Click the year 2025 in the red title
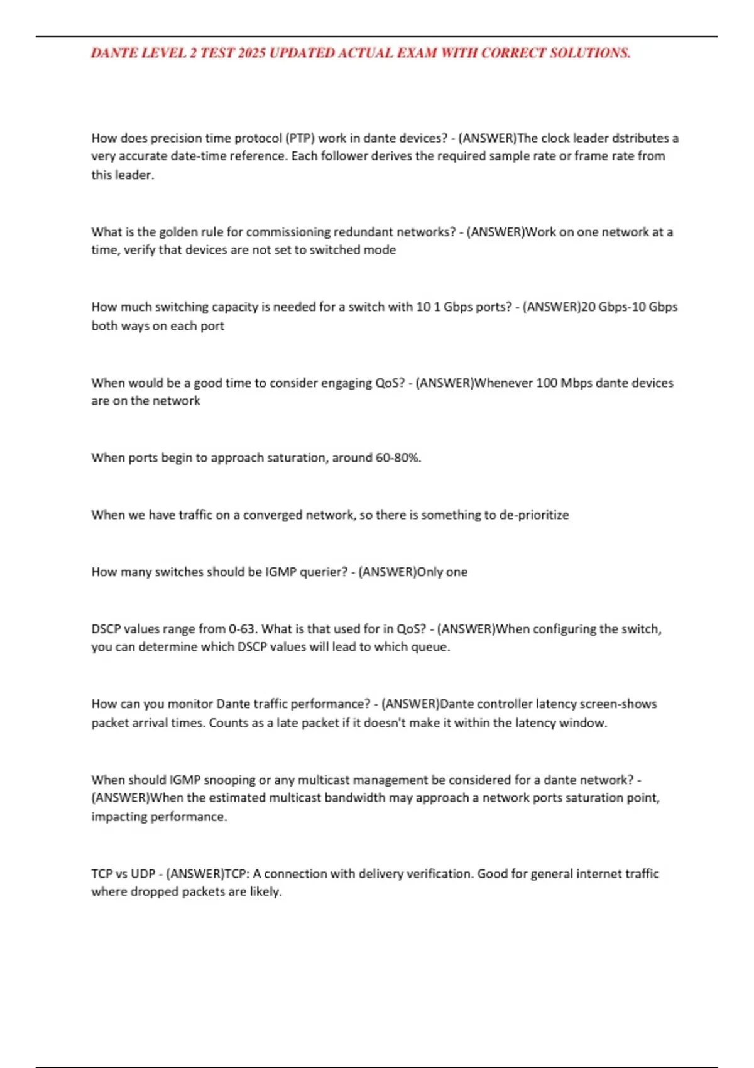(252, 53)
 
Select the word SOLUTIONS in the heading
(590, 53)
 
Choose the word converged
(272, 515)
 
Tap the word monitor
(188, 704)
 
